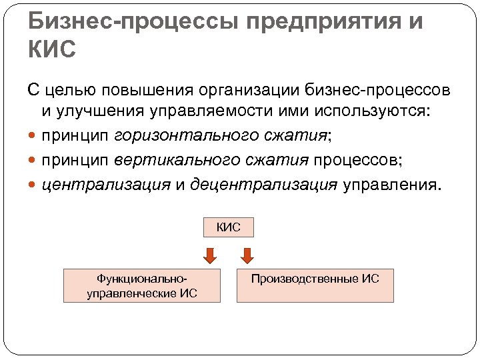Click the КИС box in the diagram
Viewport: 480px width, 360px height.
(x=228, y=228)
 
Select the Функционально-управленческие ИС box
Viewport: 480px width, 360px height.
(x=142, y=285)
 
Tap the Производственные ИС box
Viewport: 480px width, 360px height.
(x=315, y=285)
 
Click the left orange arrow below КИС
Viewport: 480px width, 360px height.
(x=209, y=255)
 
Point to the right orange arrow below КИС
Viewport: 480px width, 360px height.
(x=247, y=255)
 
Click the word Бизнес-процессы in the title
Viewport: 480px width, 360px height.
(x=133, y=22)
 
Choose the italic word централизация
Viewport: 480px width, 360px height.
(x=106, y=185)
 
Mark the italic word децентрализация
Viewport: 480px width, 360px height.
(x=264, y=185)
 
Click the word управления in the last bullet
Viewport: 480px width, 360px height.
(x=391, y=185)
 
